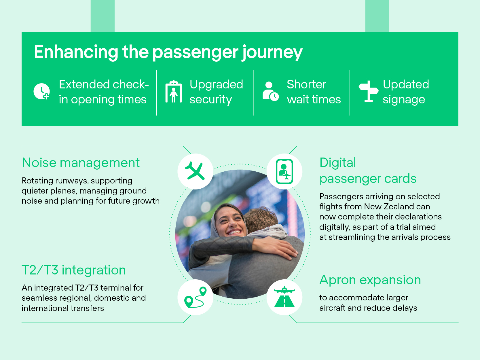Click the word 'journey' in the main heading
(272, 52)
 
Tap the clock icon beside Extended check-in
(41, 92)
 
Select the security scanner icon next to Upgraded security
(173, 92)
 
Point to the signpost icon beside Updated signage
(368, 91)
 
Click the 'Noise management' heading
(81, 163)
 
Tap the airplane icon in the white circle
(195, 171)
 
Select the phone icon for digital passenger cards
(284, 171)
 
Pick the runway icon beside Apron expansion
(284, 297)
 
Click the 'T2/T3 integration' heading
(74, 270)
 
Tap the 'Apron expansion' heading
(370, 280)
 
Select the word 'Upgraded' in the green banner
(216, 85)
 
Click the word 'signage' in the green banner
(404, 100)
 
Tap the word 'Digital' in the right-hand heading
(338, 163)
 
